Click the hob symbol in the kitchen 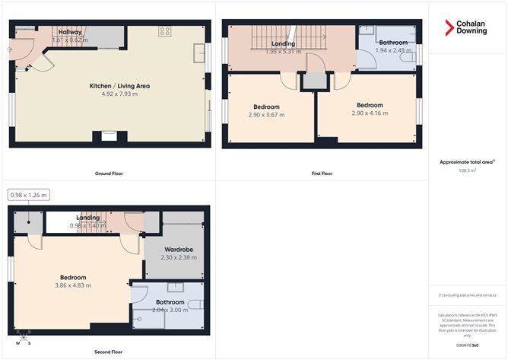point(164,31)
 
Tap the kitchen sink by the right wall point(200,52)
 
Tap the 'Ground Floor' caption point(109,173)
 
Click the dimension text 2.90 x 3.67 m point(266,115)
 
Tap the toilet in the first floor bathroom point(411,58)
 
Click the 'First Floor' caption point(322,173)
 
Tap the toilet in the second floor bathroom point(195,304)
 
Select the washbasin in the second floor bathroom point(175,286)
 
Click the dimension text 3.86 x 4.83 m point(74,285)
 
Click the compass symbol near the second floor point(24,337)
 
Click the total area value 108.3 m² point(468,171)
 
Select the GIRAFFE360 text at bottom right point(468,345)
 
